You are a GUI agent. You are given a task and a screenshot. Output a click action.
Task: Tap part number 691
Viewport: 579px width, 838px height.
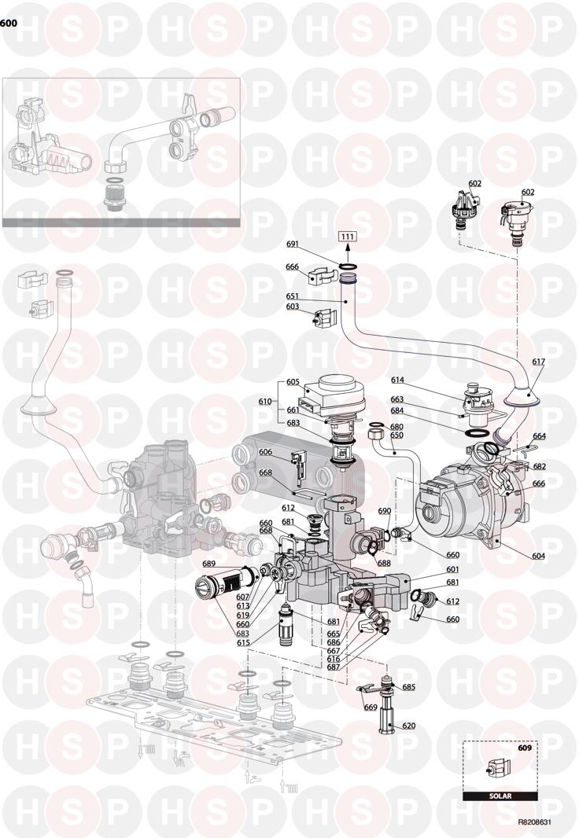point(307,244)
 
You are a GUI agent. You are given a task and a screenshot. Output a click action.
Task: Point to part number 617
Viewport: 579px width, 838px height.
point(538,362)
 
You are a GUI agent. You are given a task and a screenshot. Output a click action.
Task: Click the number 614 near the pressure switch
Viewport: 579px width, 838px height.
point(397,380)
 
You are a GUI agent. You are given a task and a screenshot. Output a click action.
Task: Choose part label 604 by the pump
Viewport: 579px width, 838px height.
point(538,557)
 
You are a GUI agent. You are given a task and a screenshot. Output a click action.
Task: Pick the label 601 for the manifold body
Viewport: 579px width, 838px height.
point(452,570)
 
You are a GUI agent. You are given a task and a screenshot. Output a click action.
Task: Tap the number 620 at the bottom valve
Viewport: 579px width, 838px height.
point(409,726)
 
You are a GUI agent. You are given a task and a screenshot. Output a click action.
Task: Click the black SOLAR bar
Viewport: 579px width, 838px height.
point(500,796)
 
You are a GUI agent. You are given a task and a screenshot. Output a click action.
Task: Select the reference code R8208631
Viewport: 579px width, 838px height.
point(534,824)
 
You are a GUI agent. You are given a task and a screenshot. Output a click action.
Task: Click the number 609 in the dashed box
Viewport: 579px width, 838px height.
point(525,748)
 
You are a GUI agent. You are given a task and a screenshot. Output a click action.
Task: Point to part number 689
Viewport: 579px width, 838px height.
point(208,564)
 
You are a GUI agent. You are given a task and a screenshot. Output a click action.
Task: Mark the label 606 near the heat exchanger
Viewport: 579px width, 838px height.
point(266,452)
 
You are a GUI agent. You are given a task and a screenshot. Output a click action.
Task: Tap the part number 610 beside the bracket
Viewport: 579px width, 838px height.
point(265,401)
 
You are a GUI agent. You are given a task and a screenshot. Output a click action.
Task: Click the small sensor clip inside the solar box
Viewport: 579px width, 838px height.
point(498,770)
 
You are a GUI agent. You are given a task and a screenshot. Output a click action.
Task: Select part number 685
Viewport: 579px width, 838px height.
point(409,687)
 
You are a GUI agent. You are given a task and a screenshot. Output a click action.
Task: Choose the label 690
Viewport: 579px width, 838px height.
point(385,511)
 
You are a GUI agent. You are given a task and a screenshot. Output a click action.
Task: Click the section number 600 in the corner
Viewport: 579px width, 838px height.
point(9,24)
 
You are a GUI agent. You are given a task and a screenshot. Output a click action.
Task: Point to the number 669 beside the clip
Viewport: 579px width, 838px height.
point(371,707)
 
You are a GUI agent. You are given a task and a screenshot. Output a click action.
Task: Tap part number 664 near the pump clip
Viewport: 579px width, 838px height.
point(539,436)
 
